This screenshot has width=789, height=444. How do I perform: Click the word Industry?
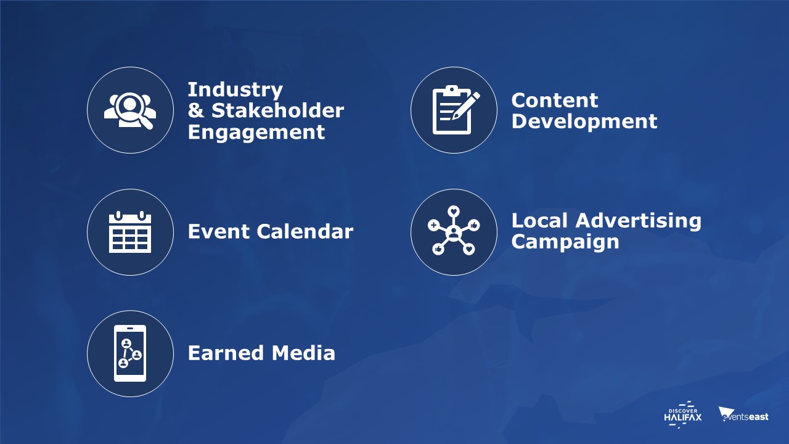pyautogui.click(x=235, y=90)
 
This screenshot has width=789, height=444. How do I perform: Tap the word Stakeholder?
pyautogui.click(x=277, y=110)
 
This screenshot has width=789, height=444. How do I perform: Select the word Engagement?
pyautogui.click(x=256, y=133)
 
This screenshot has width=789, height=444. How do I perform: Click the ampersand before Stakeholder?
pyautogui.click(x=196, y=110)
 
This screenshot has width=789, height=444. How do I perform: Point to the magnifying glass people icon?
pyautogui.click(x=130, y=110)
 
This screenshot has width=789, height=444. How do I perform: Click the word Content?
pyautogui.click(x=555, y=101)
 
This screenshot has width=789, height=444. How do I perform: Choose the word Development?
pyautogui.click(x=584, y=122)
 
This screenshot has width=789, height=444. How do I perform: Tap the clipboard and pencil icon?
pyautogui.click(x=456, y=110)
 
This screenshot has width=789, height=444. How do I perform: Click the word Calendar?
pyautogui.click(x=305, y=231)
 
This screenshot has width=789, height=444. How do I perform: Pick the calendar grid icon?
pyautogui.click(x=130, y=232)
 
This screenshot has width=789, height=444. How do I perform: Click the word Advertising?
pyautogui.click(x=638, y=221)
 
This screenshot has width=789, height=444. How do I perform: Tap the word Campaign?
pyautogui.click(x=565, y=242)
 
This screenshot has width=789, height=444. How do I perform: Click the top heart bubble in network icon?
pyautogui.click(x=454, y=212)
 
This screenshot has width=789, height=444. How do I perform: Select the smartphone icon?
pyautogui.click(x=130, y=353)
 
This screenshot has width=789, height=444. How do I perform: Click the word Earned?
pyautogui.click(x=226, y=353)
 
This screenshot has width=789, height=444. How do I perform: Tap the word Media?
pyautogui.click(x=303, y=353)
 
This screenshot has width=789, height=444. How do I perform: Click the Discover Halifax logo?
pyautogui.click(x=682, y=415)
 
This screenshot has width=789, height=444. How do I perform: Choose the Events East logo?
pyautogui.click(x=743, y=415)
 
